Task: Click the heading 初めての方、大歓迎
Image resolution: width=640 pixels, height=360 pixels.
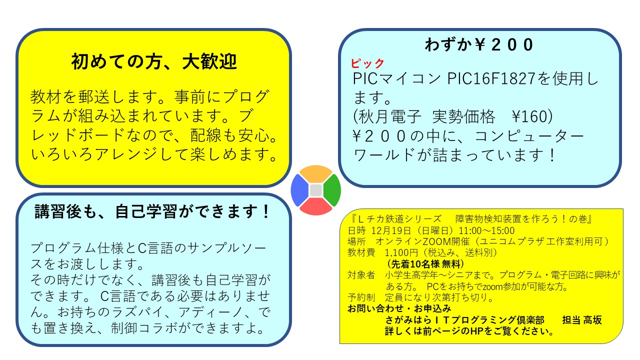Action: pyautogui.click(x=154, y=61)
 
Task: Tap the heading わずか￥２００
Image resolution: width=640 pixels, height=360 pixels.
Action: pyautogui.click(x=479, y=45)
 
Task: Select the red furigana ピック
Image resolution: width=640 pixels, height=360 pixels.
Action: pyautogui.click(x=367, y=63)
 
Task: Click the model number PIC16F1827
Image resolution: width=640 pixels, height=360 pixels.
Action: pyautogui.click(x=491, y=78)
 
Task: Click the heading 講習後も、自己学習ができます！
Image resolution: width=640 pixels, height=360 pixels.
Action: pyautogui.click(x=152, y=211)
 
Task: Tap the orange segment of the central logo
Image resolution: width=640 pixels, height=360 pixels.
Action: pyautogui.click(x=315, y=173)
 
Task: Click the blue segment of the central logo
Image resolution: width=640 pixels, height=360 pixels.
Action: pyautogui.click(x=299, y=190)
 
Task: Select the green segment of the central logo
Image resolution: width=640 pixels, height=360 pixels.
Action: pyautogui.click(x=332, y=190)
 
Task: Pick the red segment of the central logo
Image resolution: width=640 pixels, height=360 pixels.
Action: pyautogui.click(x=315, y=206)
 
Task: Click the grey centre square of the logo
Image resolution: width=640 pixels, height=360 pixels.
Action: pyautogui.click(x=315, y=190)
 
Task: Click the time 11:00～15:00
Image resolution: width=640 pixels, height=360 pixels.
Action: pyautogui.click(x=486, y=230)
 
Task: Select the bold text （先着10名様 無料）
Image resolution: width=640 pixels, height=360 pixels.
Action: pyautogui.click(x=425, y=263)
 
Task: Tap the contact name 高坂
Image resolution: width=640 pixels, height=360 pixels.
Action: pyautogui.click(x=592, y=320)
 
